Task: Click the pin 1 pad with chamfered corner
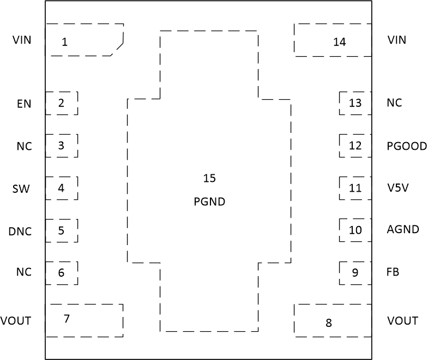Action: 85,40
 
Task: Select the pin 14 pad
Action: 333,40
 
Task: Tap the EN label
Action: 24,103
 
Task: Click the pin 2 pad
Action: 62,103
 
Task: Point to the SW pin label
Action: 21,188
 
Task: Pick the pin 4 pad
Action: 62,188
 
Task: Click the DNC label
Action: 20,231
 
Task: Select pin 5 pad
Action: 62,231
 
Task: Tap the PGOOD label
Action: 407,146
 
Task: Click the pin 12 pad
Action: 355,145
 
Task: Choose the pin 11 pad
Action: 355,188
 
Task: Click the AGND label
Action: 403,229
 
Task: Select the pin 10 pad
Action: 355,230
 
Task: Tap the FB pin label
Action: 392,272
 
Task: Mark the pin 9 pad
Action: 355,273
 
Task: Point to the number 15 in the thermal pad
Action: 209,178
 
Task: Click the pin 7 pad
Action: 85,320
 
